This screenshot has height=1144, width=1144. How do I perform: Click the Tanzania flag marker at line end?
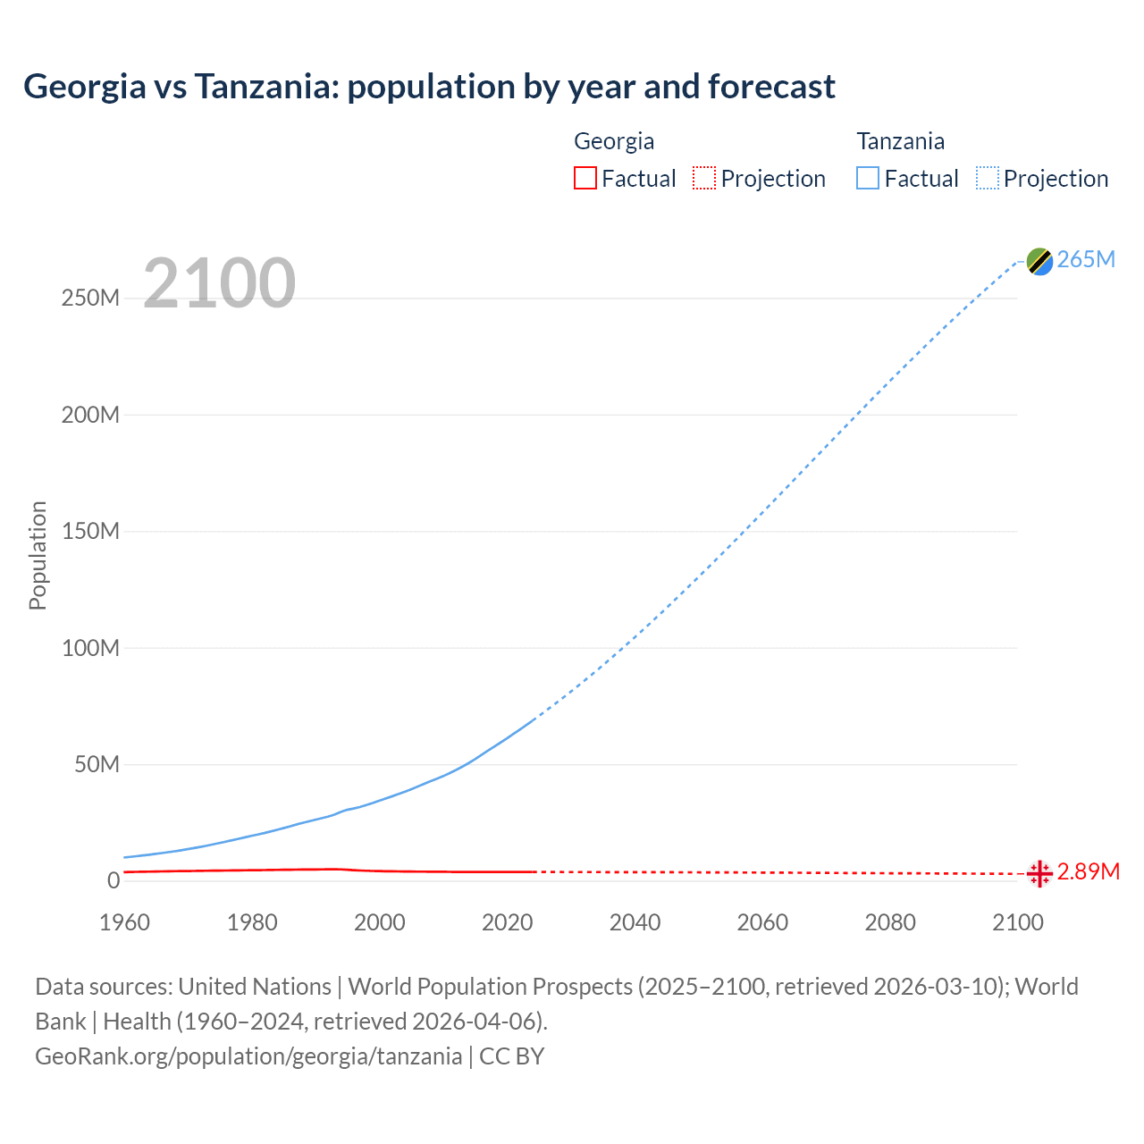[1039, 261]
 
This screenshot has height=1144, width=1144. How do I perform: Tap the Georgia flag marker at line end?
[1039, 873]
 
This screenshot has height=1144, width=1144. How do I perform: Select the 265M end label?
[1086, 259]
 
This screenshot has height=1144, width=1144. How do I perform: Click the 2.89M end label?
[1088, 871]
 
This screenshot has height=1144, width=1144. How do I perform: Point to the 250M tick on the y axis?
[90, 298]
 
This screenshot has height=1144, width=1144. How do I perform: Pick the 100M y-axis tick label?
[90, 648]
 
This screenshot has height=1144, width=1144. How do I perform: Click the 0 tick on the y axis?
[113, 880]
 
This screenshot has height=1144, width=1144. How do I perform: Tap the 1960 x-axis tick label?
[124, 922]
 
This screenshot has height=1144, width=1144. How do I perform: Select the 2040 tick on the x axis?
[635, 922]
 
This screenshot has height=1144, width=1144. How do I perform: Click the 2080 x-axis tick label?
[890, 922]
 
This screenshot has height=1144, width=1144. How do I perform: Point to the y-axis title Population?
[38, 555]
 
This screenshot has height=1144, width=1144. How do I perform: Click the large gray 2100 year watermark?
[219, 283]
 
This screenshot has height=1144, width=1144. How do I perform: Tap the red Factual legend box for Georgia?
[585, 179]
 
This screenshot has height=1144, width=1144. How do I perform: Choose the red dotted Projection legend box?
[704, 179]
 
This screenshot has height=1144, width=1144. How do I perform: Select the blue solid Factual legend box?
[868, 179]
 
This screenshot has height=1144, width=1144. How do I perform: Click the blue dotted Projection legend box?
[988, 179]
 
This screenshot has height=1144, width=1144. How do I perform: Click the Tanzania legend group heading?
[900, 141]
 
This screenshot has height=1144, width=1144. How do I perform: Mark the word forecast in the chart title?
[771, 87]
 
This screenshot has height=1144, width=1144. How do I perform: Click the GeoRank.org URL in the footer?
[248, 1056]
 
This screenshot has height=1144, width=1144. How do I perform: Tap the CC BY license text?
[512, 1056]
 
